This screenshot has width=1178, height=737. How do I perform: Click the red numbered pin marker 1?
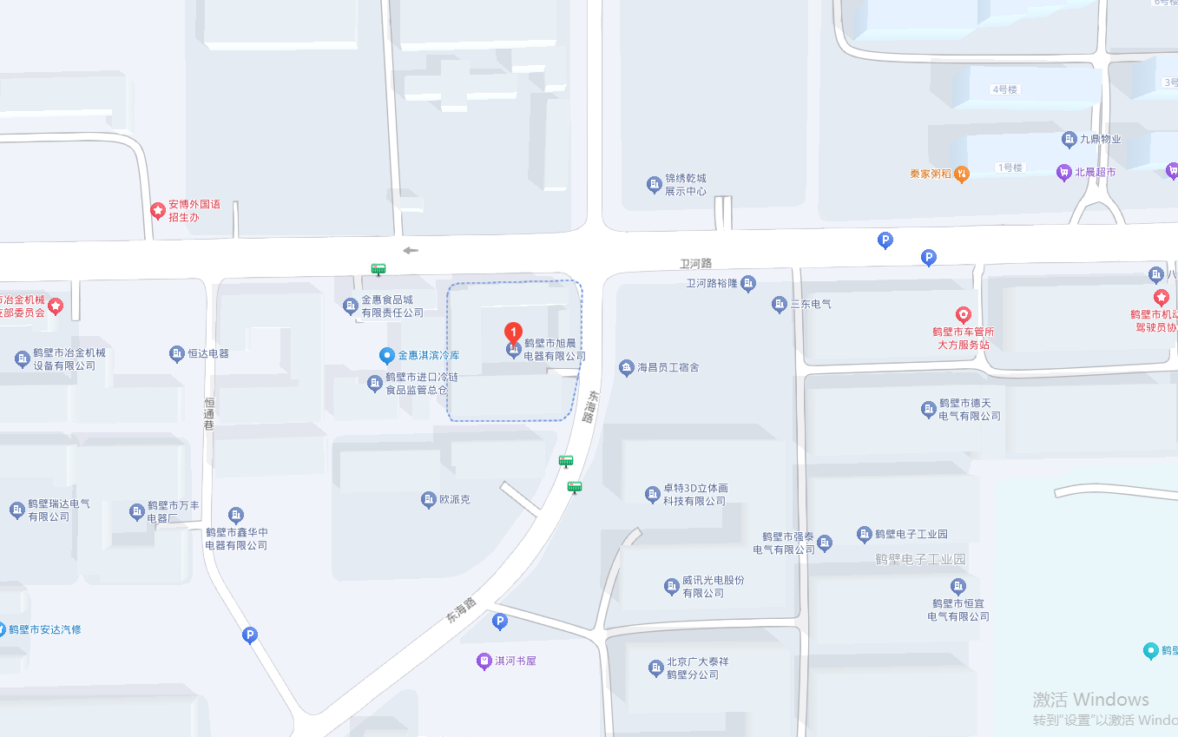513,332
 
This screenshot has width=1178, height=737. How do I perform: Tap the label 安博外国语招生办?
194,211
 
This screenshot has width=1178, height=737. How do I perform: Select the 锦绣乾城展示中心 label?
685,185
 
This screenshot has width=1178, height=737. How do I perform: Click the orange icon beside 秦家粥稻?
962,174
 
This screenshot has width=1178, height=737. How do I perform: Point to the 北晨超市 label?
1095,172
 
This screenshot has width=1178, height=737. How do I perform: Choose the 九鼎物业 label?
1100,139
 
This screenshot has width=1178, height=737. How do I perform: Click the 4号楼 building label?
1004,89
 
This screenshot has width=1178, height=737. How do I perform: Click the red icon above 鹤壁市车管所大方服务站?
963,314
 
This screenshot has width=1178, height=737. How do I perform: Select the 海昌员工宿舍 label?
668,368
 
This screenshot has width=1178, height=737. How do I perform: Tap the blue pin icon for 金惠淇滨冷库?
387,355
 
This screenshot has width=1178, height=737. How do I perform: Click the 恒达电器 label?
208,353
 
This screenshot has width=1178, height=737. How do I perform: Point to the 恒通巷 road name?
209,413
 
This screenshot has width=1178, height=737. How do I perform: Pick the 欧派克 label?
454,499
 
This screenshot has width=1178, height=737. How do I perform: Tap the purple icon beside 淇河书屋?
484,661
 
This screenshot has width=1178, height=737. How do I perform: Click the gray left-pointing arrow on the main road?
411,251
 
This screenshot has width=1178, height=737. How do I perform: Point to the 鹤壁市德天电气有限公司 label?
969,410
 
